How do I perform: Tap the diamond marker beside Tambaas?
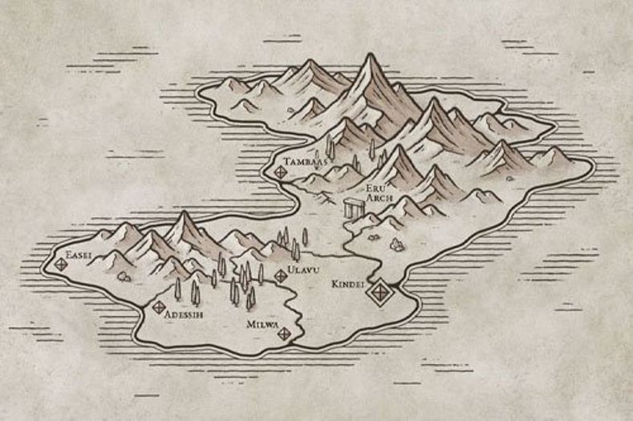(280, 171)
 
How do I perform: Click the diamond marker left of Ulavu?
(280, 276)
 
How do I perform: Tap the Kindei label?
(348, 284)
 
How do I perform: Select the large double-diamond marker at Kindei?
(377, 293)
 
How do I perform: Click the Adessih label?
(183, 314)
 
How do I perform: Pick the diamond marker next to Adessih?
(158, 306)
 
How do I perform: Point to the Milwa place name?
(263, 325)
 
